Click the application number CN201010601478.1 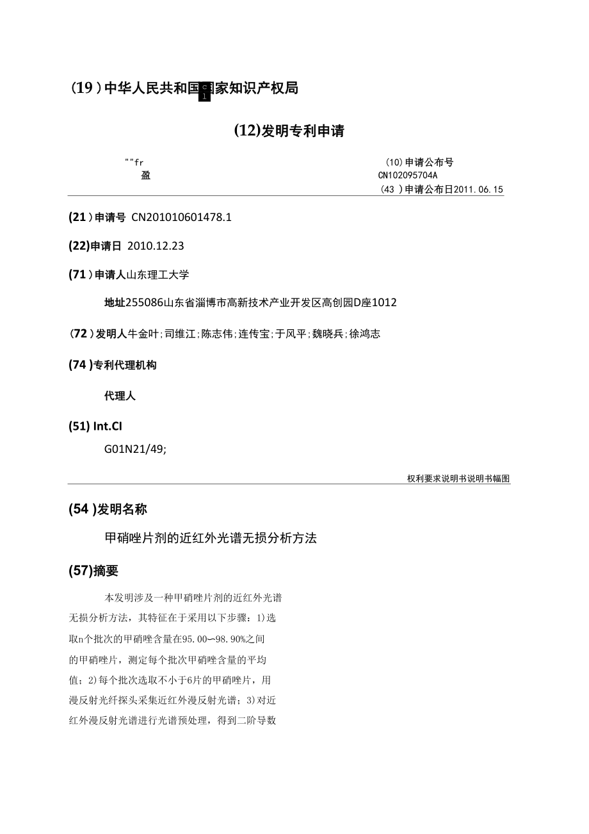tap(181, 217)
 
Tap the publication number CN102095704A tap(408, 175)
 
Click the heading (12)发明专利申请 tap(289, 131)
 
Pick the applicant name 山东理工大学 tap(157, 274)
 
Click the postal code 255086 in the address tap(145, 302)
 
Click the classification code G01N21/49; tap(135, 450)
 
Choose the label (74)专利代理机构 tap(112, 365)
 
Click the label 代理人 tap(120, 396)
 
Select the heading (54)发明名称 tap(108, 509)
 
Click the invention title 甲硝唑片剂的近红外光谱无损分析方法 tap(211, 538)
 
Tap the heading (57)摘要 tap(93, 571)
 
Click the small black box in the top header tap(205, 92)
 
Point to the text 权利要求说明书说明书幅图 tap(458, 478)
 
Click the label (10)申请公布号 tap(419, 163)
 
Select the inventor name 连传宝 tap(254, 334)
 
